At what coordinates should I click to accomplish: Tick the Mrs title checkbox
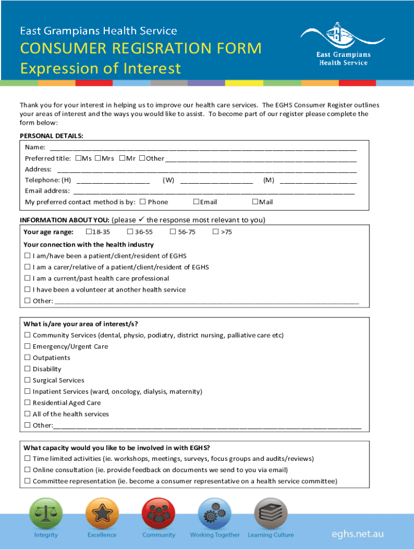98,158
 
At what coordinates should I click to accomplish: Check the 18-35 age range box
89,232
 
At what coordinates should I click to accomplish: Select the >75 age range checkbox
215,232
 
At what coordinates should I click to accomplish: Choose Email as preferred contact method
196,202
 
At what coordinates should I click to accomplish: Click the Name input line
203,148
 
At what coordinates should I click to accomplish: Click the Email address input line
213,191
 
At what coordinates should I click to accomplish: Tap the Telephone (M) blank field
318,180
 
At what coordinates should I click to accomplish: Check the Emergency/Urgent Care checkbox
27,346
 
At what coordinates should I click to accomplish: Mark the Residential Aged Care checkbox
27,403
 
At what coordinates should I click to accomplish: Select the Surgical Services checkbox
27,380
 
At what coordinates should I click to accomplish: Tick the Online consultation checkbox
27,470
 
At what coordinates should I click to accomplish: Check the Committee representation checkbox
27,481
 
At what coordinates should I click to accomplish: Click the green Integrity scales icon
46,514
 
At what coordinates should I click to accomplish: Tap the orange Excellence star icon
102,514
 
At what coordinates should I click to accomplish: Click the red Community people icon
158,514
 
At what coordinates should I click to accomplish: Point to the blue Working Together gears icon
215,514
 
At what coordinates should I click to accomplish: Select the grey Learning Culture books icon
270,514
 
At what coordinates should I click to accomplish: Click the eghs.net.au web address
358,534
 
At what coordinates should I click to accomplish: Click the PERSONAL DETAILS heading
52,136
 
